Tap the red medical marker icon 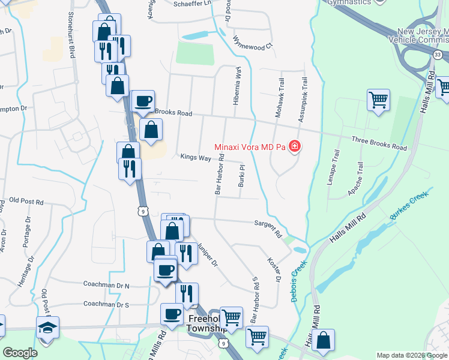point(294,146)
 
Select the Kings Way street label point(196,157)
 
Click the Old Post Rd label point(26,202)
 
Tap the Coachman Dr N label point(106,286)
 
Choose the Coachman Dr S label point(106,304)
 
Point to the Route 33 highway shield point(437,55)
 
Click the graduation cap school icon point(47,327)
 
